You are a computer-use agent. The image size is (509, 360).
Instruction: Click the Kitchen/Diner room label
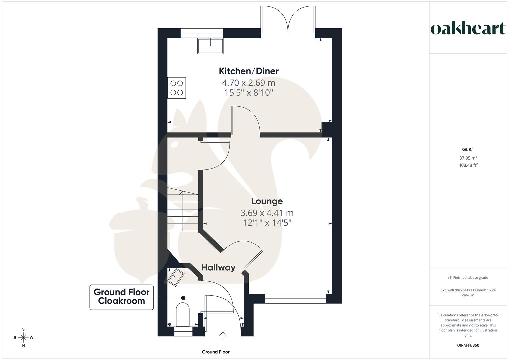pyautogui.click(x=249, y=71)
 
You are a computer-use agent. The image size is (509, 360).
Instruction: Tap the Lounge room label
pyautogui.click(x=267, y=201)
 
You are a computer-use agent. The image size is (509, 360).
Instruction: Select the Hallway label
pyautogui.click(x=218, y=267)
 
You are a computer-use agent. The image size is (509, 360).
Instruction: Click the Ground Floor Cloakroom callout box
pyautogui.click(x=122, y=297)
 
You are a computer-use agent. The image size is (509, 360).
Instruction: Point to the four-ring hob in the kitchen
pyautogui.click(x=177, y=88)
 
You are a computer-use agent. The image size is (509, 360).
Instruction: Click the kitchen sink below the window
pyautogui.click(x=210, y=46)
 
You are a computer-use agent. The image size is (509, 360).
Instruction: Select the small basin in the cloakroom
pyautogui.click(x=176, y=277)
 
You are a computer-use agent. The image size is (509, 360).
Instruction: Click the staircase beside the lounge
pyautogui.click(x=183, y=209)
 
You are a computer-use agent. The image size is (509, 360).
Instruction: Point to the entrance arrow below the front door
pyautogui.click(x=223, y=336)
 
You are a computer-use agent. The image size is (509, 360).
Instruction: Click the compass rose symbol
pyautogui.click(x=23, y=337)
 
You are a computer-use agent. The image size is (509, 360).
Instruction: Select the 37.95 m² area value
pyautogui.click(x=468, y=157)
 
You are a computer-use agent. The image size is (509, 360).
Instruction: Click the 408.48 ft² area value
pyautogui.click(x=468, y=165)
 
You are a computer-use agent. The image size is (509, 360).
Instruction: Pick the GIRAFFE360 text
pyautogui.click(x=468, y=345)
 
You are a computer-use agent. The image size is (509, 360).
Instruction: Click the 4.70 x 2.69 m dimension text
pyautogui.click(x=249, y=83)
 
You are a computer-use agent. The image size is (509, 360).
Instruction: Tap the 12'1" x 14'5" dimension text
pyautogui.click(x=267, y=223)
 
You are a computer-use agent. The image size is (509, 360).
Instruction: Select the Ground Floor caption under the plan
pyautogui.click(x=216, y=352)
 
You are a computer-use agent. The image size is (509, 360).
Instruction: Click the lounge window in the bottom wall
pyautogui.click(x=295, y=299)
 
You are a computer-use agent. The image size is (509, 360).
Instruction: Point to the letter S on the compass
pyautogui.click(x=23, y=329)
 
